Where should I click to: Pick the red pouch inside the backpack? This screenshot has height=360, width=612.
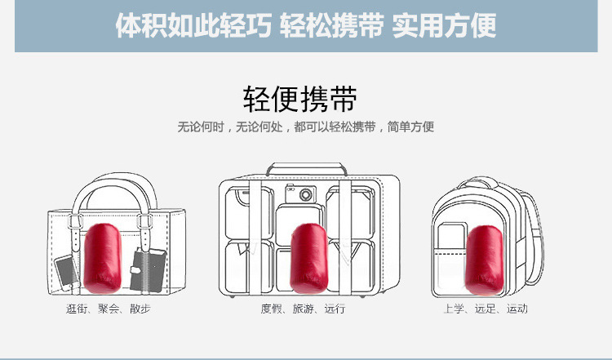[x=484, y=259]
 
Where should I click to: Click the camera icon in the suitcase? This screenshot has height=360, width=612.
[x=306, y=194]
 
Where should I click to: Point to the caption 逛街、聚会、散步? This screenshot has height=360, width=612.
[x=109, y=309]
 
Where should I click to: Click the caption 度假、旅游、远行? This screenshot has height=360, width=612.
[x=304, y=309]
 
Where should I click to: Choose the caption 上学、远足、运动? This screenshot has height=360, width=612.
[x=485, y=309]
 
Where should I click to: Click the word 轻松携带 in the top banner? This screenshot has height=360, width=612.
[x=331, y=26]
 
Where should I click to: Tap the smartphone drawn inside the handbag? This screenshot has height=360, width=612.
[x=66, y=271]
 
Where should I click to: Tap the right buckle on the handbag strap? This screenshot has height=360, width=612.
[x=147, y=220]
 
